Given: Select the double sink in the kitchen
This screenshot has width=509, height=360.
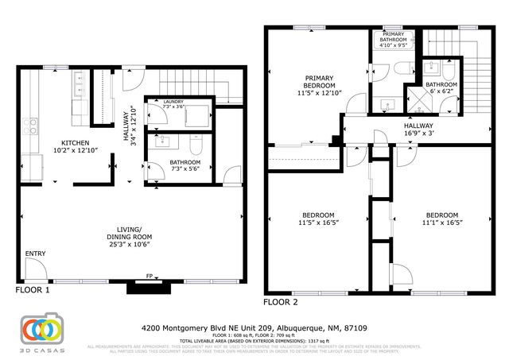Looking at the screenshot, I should click(80, 81).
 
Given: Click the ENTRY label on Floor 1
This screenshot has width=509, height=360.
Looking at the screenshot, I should click(36, 254).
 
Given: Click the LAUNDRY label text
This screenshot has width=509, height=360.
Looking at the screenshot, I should click(173, 103).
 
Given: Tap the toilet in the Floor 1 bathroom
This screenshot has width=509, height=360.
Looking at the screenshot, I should click(197, 145).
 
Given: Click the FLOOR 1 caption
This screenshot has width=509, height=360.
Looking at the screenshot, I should click(33, 292).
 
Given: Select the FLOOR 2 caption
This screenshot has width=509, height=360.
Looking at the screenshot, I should click(281, 302).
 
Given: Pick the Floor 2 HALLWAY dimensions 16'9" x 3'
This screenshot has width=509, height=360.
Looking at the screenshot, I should click(418, 134).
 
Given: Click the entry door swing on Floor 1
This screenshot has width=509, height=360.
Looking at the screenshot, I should click(34, 271).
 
